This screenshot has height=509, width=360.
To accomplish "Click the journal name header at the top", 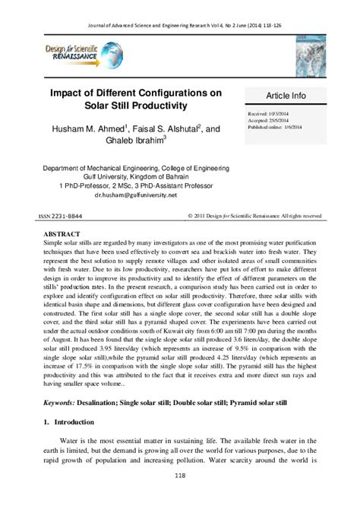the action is (x=181, y=8).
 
